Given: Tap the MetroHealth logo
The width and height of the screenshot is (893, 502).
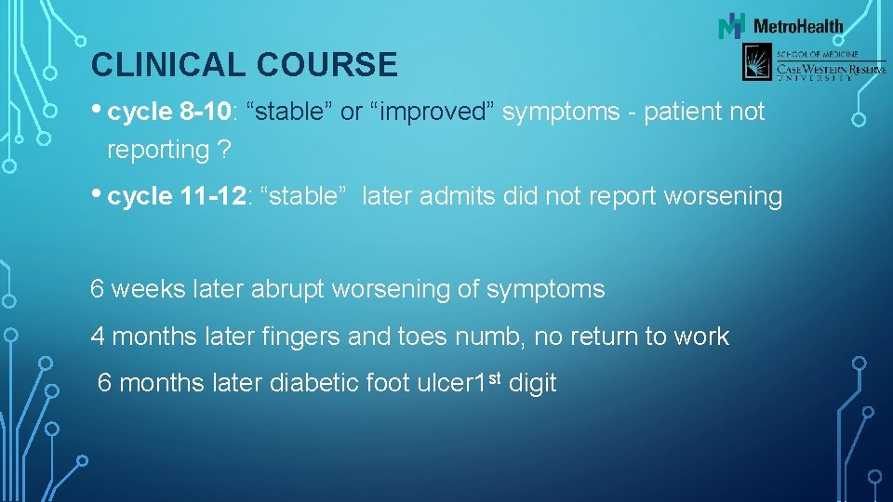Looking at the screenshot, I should point(780,25).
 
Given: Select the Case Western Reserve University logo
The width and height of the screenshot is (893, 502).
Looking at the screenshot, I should point(813,64).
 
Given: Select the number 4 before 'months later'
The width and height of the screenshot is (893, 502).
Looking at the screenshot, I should point(97,337).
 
